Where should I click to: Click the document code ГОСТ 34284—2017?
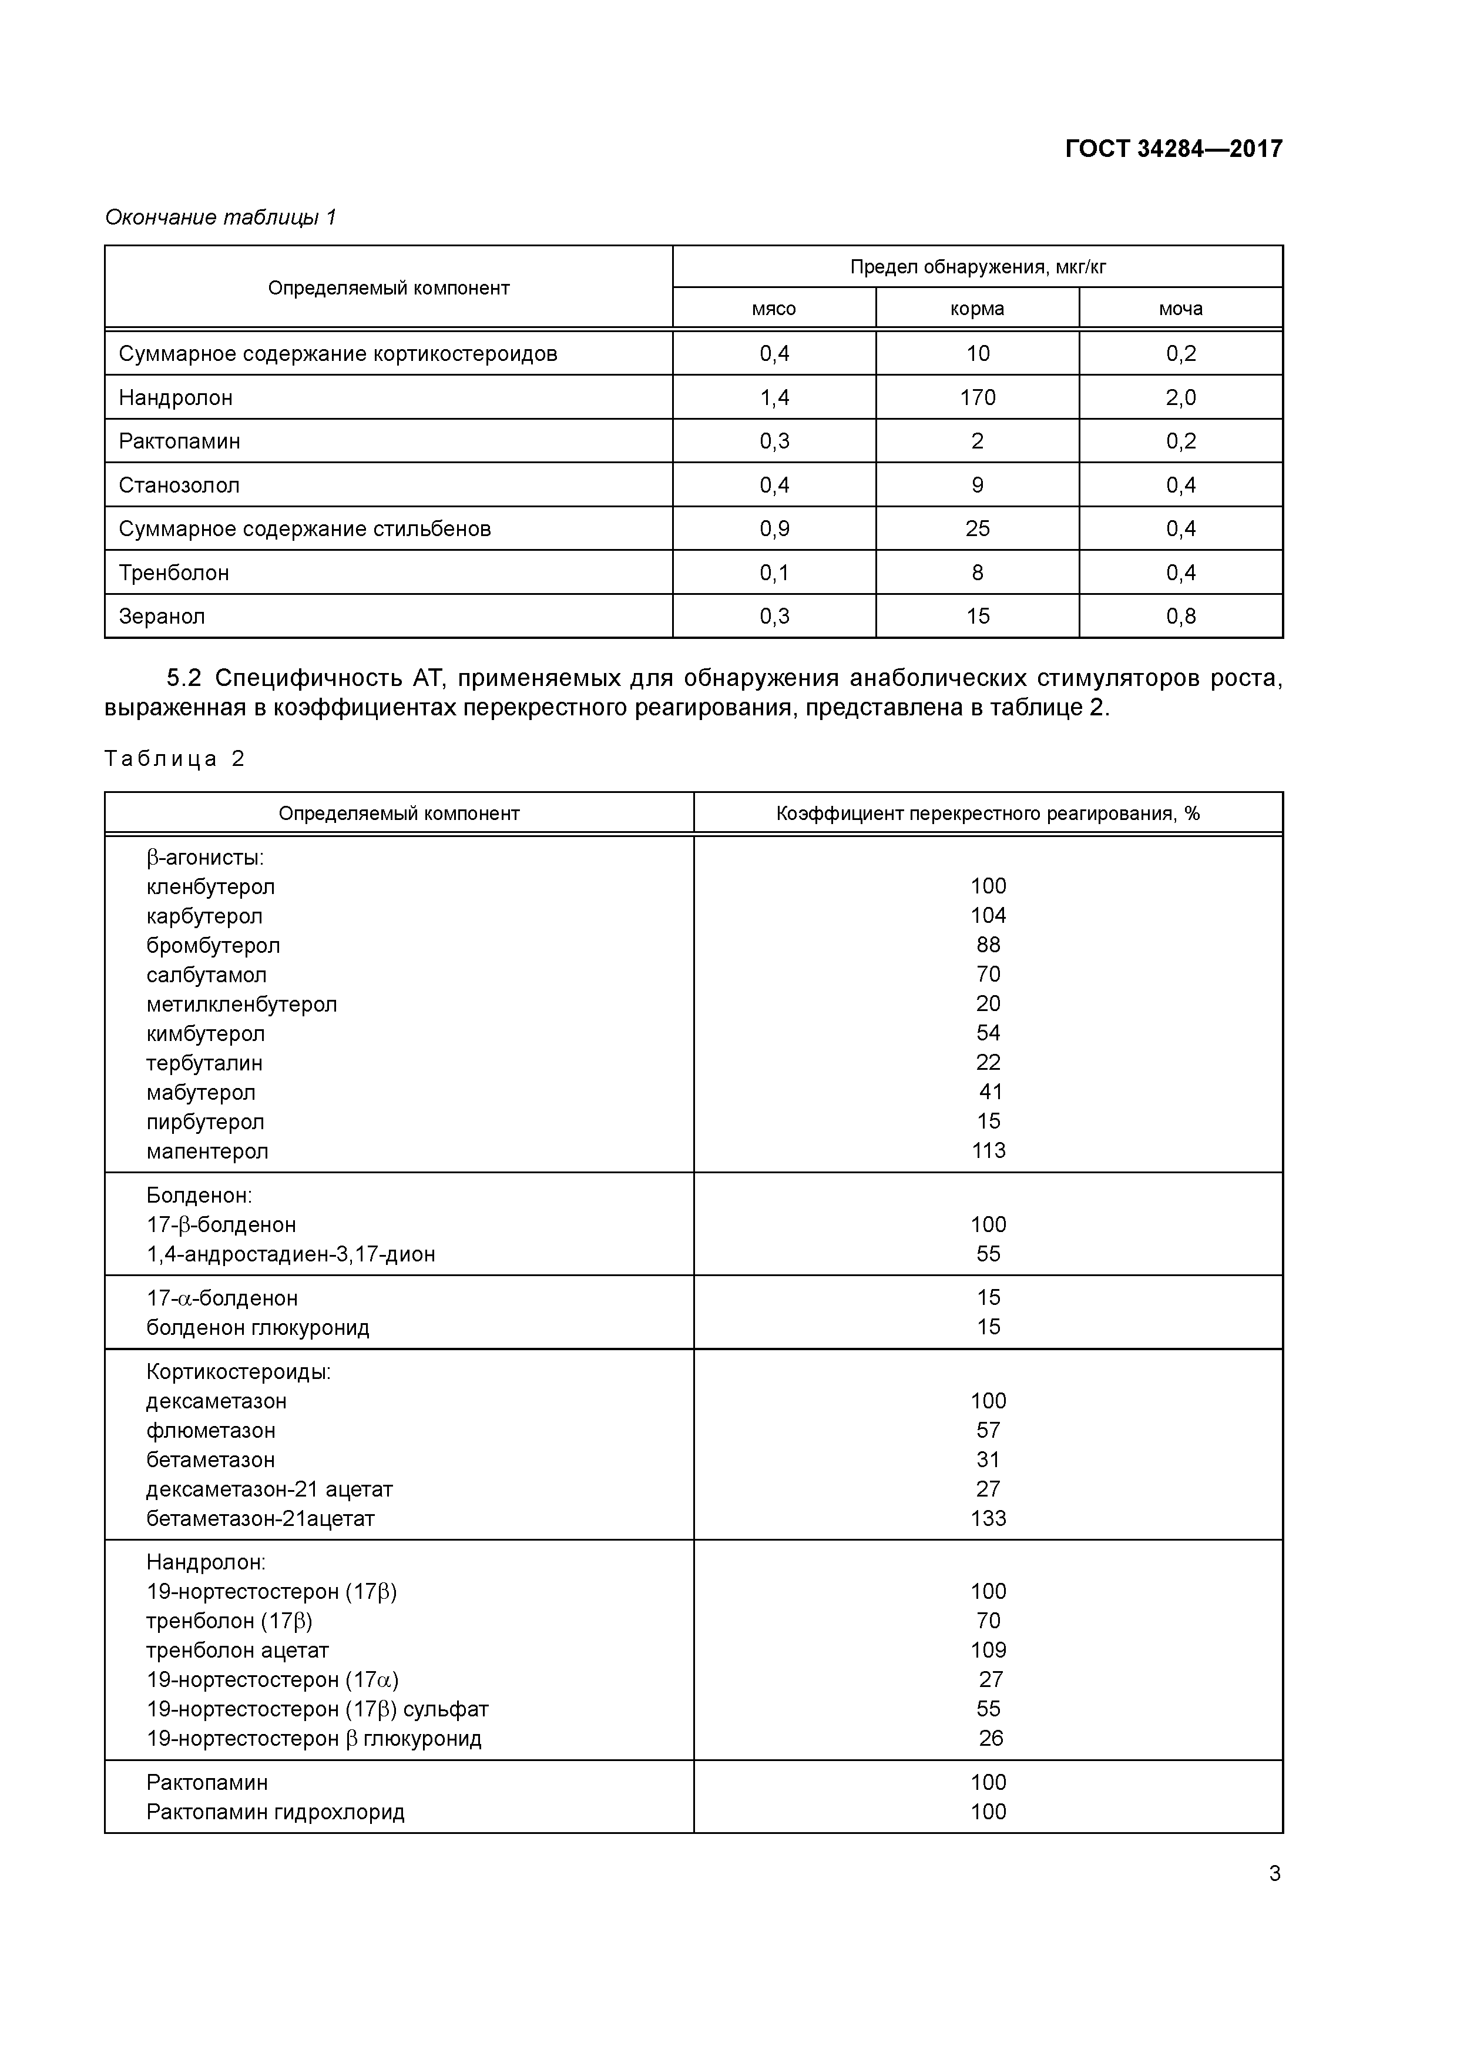coord(1173,148)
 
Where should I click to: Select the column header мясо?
coord(774,309)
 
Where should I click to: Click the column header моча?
coord(1180,309)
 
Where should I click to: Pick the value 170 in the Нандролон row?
coord(978,397)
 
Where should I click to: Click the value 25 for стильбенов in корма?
coord(978,529)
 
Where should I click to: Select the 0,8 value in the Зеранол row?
coord(1180,616)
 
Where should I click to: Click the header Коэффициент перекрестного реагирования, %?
coord(988,814)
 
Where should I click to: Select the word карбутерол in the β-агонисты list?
coord(204,916)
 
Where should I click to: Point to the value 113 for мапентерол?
coord(988,1150)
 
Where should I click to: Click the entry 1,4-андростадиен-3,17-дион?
coord(291,1254)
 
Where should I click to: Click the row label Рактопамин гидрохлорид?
coord(276,1812)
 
